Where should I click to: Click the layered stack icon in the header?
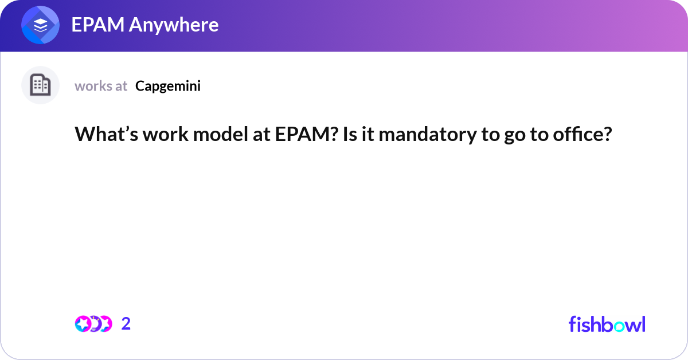40,25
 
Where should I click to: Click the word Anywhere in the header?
174,25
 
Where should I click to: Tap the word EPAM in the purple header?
98,25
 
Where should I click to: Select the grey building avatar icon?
40,85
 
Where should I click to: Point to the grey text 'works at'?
101,86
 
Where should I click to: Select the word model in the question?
221,134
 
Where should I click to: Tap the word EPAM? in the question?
307,134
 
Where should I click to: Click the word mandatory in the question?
428,135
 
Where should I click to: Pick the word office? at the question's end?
583,134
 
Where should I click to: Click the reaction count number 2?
126,324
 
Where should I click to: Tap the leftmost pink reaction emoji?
83,324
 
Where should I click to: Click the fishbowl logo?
607,324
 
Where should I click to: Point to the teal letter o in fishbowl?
619,326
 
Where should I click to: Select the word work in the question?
166,134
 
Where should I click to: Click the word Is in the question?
350,134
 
